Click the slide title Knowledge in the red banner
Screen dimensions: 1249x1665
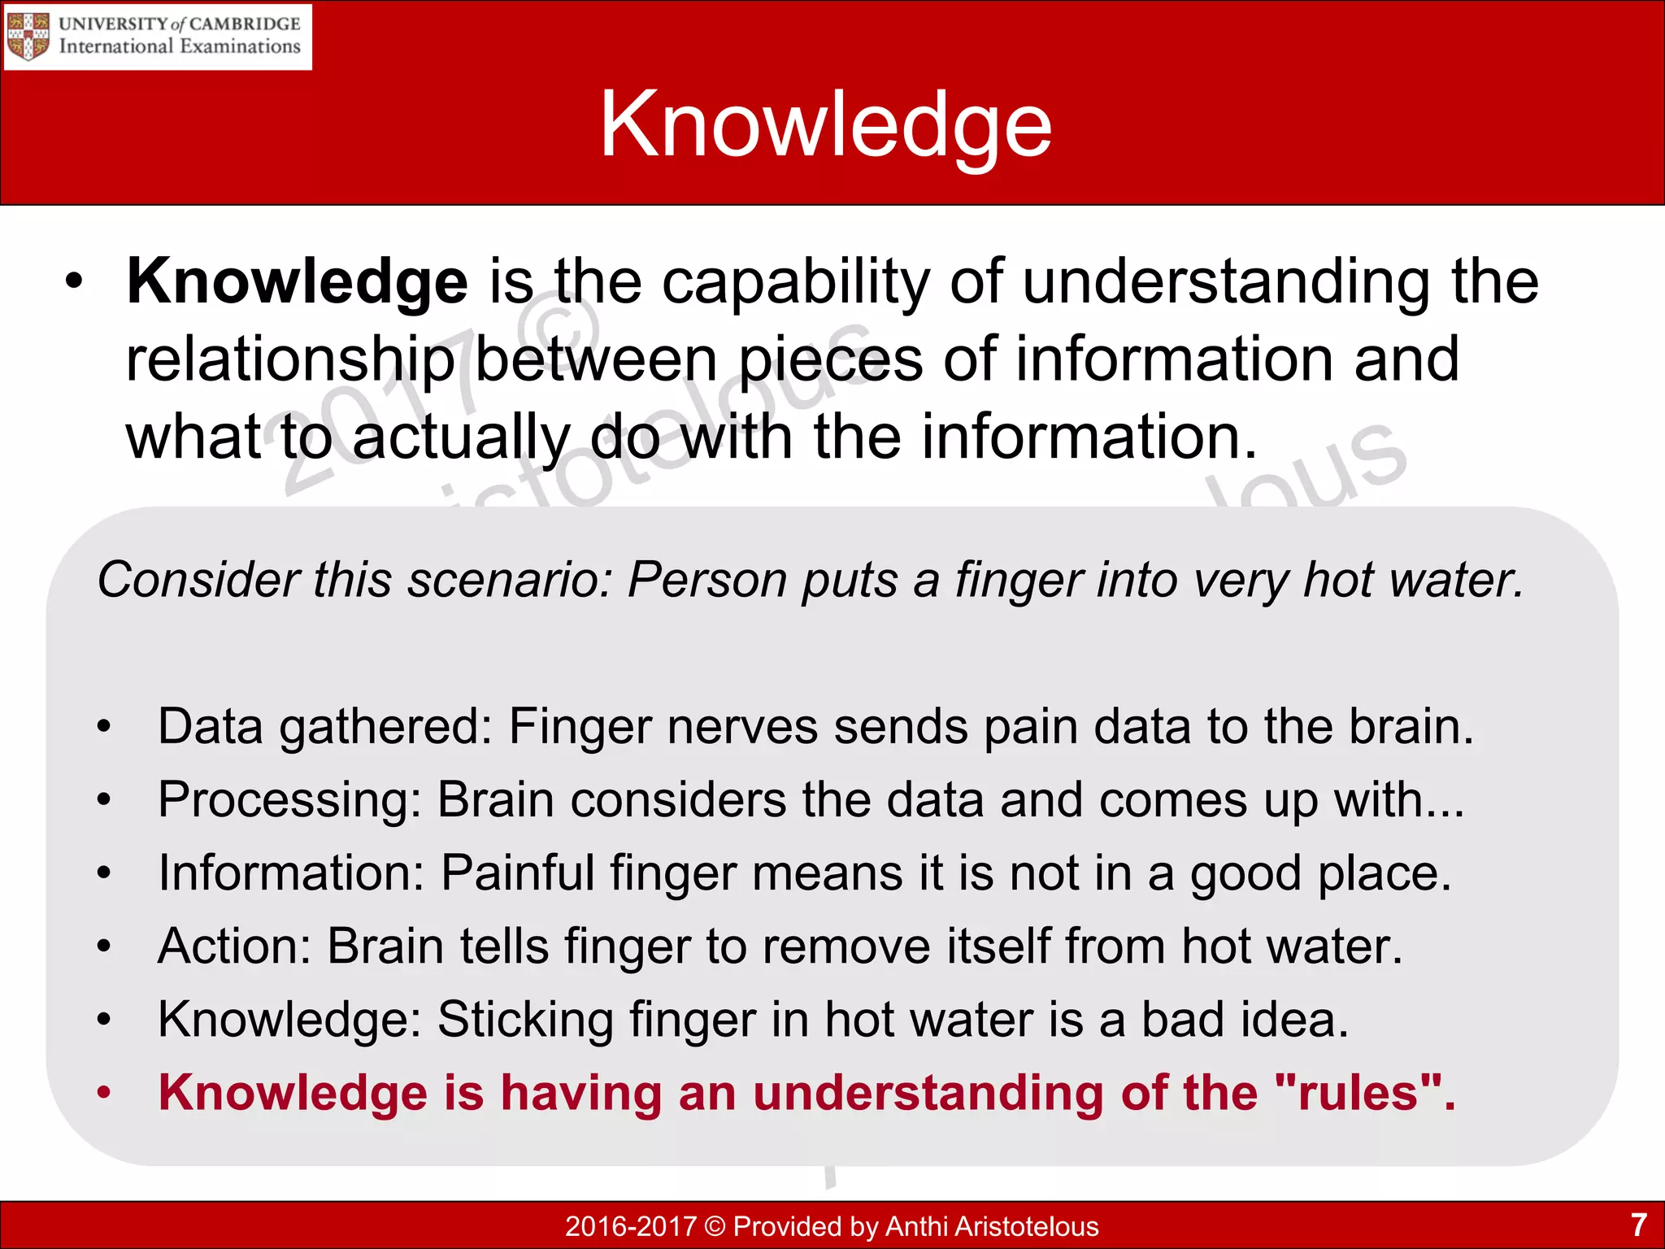pyautogui.click(x=825, y=124)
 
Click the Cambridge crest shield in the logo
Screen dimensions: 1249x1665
pyautogui.click(x=28, y=37)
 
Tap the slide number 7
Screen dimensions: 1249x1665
pyautogui.click(x=1638, y=1225)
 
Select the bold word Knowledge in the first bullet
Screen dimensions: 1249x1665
pyautogui.click(x=297, y=281)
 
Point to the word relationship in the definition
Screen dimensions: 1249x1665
pyautogui.click(x=290, y=360)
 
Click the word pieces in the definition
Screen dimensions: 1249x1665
pyautogui.click(x=830, y=360)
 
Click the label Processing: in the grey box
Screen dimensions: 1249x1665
pyautogui.click(x=289, y=801)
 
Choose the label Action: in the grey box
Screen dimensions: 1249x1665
pyautogui.click(x=234, y=947)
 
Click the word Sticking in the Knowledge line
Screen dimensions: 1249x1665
pyautogui.click(x=525, y=1020)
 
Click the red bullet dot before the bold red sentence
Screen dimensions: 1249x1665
pyautogui.click(x=103, y=1093)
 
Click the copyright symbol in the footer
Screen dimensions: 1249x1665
pyautogui.click(x=715, y=1226)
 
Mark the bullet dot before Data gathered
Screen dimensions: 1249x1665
pyautogui.click(x=103, y=727)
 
